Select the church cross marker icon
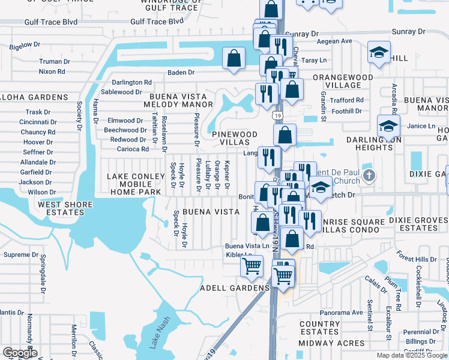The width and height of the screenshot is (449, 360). [x=369, y=176]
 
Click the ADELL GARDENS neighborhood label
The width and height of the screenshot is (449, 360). [x=234, y=288]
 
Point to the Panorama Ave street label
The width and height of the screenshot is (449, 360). [x=341, y=313]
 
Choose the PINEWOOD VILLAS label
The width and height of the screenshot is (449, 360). [x=235, y=139]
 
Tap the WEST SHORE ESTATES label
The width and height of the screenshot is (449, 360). [x=66, y=208]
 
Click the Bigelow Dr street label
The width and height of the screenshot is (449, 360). [x=25, y=44]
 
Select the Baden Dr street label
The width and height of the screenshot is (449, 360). [x=181, y=73]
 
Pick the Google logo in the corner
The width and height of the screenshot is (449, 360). [x=20, y=353]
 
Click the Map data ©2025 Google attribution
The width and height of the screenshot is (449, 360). [x=412, y=355]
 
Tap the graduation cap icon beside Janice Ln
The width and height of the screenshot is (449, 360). [x=388, y=126]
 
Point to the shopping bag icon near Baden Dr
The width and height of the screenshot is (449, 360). [x=234, y=59]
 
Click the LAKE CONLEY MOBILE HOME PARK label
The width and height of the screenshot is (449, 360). [x=134, y=184]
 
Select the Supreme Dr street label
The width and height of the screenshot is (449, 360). [x=20, y=255]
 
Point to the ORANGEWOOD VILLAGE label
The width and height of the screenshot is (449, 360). [x=346, y=82]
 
